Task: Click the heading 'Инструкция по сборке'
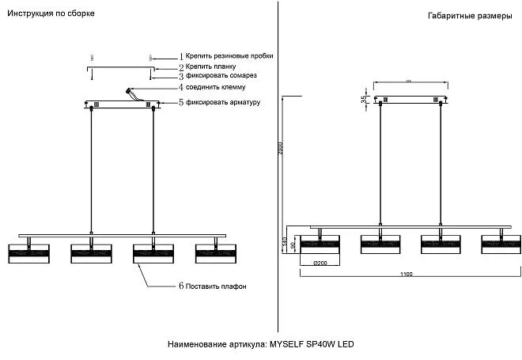pyautogui.click(x=45, y=14)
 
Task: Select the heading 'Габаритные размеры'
pyautogui.click(x=465, y=16)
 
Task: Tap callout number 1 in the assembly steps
pyautogui.click(x=181, y=57)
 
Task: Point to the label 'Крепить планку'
pyautogui.click(x=209, y=67)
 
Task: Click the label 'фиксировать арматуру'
pyautogui.click(x=224, y=103)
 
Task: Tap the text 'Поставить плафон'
pyautogui.click(x=216, y=286)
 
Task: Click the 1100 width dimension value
pyautogui.click(x=407, y=275)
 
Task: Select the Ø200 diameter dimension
pyautogui.click(x=320, y=262)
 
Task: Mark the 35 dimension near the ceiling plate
pyautogui.click(x=364, y=100)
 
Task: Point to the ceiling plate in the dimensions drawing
pyautogui.click(x=410, y=100)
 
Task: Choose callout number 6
pyautogui.click(x=180, y=286)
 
